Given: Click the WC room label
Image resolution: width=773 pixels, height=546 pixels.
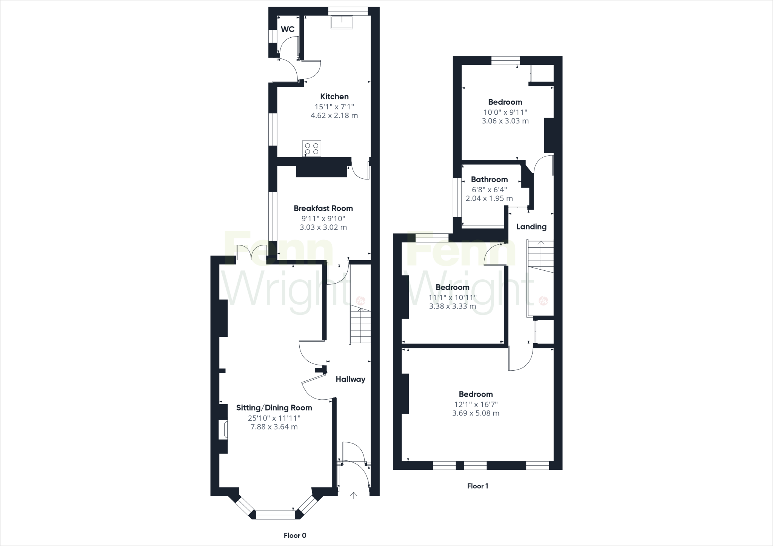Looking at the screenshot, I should point(288,29).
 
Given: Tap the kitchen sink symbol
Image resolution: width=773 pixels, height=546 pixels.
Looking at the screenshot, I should point(342,22).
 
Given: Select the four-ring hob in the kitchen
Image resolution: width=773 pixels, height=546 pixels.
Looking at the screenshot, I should point(311,148).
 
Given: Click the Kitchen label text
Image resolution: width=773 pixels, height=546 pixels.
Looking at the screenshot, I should point(334,97).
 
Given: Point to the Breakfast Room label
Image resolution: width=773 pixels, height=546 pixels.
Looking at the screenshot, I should point(323,208).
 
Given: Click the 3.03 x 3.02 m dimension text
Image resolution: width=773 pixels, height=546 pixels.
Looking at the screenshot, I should point(323,227).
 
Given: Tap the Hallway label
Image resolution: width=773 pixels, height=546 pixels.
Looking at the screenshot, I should point(350,379).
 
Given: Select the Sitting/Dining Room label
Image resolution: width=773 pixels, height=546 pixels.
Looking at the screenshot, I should point(274,408).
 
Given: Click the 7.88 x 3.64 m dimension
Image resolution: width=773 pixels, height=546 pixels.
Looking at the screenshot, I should point(274,427).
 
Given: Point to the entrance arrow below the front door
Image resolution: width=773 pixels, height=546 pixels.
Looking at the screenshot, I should point(353,495).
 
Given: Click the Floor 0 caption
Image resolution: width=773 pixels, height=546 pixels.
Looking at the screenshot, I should point(295,535).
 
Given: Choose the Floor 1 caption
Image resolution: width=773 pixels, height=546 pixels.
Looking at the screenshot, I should point(477,486).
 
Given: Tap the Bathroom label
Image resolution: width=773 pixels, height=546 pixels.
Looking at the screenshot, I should point(489,179).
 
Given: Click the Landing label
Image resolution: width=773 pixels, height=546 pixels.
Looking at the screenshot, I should point(531,227).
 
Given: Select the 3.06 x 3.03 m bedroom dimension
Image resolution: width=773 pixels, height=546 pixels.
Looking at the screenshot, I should point(505,121).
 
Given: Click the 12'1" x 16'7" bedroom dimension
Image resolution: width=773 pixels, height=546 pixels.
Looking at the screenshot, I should point(476,404).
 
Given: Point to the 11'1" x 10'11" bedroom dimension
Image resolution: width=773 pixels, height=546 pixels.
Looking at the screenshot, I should point(452,297).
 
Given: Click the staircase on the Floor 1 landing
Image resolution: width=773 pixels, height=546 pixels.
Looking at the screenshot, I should point(541,256).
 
